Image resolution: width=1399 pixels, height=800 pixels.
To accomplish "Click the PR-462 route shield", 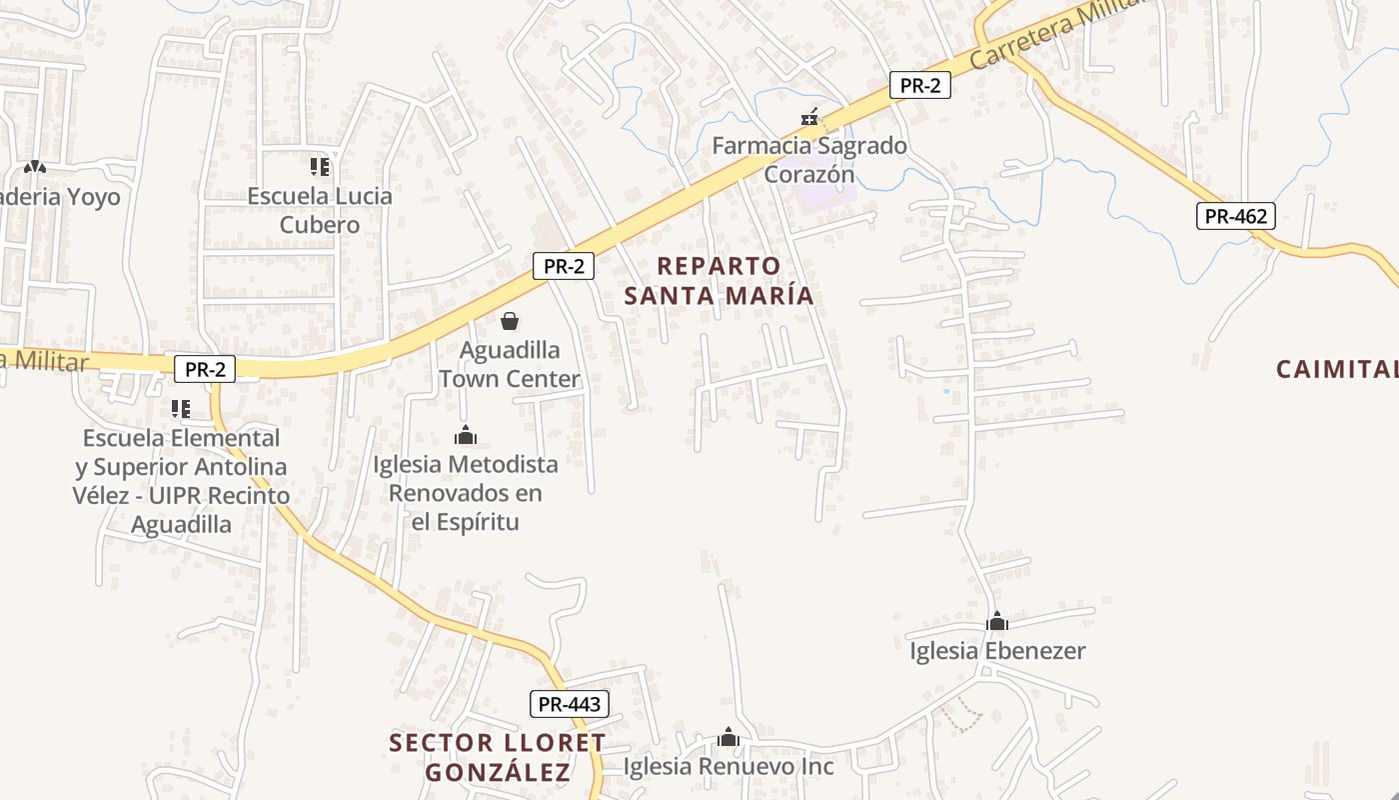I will click(x=1236, y=215).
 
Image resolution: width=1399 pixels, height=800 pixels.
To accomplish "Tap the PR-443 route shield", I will click(x=570, y=704).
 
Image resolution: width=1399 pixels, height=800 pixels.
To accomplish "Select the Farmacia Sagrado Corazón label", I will click(x=809, y=160).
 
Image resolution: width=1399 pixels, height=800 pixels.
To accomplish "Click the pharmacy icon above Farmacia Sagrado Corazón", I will click(x=809, y=119).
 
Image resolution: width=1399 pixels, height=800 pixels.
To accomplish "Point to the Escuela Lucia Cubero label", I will click(x=320, y=210).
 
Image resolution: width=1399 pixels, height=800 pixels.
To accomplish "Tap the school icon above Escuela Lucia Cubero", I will click(x=320, y=166).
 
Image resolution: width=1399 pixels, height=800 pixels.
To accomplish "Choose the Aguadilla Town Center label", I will click(x=510, y=365).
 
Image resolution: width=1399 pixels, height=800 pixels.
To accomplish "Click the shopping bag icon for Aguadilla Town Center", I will click(x=510, y=321).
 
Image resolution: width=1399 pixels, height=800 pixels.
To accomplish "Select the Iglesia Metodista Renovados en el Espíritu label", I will click(x=466, y=493).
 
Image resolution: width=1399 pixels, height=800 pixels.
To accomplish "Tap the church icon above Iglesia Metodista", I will click(x=466, y=435).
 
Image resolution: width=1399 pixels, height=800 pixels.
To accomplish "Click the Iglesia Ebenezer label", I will click(x=997, y=651).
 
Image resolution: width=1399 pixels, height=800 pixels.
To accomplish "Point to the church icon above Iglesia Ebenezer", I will click(x=997, y=621).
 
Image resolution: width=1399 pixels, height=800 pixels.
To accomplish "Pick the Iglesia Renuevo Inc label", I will click(x=728, y=767).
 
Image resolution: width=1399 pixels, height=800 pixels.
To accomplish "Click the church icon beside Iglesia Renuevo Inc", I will click(x=728, y=737).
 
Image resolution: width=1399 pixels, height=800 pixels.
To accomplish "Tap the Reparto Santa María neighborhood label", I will click(x=719, y=281).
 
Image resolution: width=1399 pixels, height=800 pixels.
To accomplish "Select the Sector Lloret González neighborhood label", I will click(x=498, y=758).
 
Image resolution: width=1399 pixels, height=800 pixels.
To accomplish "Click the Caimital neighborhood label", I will click(x=1337, y=369).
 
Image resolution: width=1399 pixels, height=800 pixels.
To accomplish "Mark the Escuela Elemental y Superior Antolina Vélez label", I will click(x=181, y=481).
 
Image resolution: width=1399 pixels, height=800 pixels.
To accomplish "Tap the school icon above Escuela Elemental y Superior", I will click(x=181, y=408).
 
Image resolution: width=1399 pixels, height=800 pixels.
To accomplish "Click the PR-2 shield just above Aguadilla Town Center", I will click(x=564, y=266).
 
